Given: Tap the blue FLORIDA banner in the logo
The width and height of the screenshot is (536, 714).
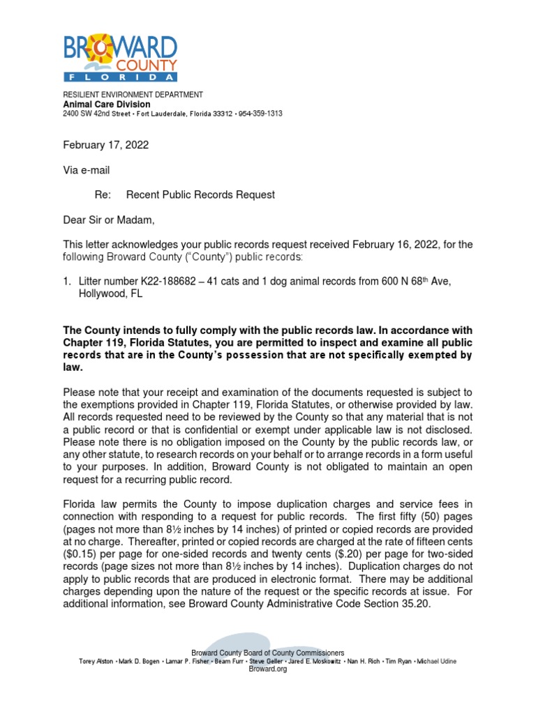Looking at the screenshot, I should (120, 76).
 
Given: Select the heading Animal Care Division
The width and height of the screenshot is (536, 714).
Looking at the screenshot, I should (106, 104).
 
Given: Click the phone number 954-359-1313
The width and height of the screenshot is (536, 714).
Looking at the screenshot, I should (261, 114).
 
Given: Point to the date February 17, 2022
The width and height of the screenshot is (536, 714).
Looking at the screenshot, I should (105, 145).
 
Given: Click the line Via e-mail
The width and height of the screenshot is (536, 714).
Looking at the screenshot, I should (87, 170).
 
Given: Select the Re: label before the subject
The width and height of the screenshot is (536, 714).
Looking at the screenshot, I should (103, 195).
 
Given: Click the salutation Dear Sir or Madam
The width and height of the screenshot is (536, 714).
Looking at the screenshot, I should (108, 221).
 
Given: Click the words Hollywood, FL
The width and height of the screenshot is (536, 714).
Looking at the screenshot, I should (110, 294).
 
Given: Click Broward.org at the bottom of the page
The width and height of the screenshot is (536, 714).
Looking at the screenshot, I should (268, 669).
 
